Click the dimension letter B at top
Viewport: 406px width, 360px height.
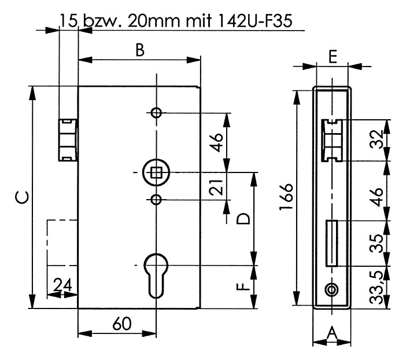pos(139,50)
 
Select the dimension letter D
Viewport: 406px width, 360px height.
pos(243,218)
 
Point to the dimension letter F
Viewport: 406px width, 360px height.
pos(243,286)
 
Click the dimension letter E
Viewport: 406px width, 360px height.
pos(332,56)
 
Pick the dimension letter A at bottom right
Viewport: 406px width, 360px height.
pos(332,333)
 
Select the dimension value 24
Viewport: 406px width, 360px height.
pos(62,284)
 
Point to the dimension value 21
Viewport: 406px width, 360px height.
pos(216,188)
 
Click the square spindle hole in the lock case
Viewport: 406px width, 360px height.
pos(156,172)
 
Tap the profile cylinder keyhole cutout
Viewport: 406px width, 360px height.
pos(156,274)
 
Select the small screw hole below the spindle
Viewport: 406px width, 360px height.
pos(156,200)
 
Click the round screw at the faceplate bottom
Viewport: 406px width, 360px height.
pos(331,289)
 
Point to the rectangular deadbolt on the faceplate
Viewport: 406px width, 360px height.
pos(331,243)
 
